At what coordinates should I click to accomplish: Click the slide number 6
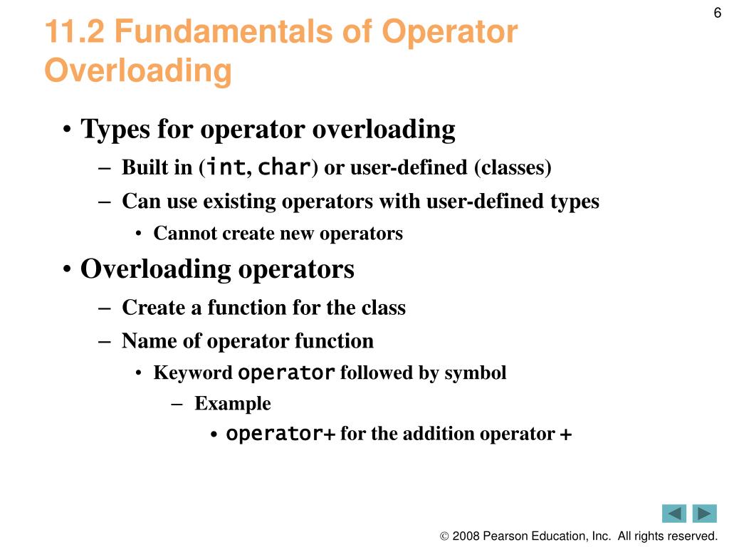[717, 13]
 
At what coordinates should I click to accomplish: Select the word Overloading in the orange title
[138, 71]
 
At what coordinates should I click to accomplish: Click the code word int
[226, 167]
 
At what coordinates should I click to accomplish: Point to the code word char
[283, 167]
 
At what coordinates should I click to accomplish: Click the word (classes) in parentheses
[513, 168]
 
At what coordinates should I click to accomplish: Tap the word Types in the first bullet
[116, 130]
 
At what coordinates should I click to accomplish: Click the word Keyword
[192, 373]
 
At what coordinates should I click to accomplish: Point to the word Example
[233, 404]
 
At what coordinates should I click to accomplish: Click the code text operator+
[280, 434]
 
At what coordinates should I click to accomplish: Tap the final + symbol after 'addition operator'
[566, 434]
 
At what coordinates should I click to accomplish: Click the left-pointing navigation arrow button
[674, 514]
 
